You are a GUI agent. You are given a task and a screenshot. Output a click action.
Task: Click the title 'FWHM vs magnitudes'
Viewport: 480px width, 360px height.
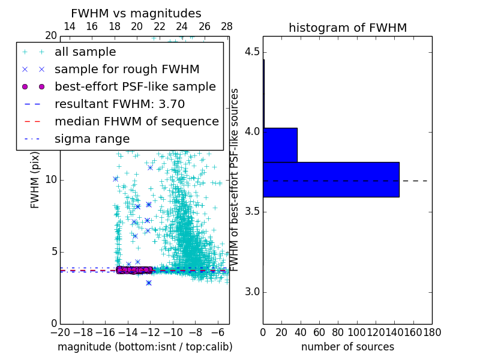pyautogui.click(x=136, y=14)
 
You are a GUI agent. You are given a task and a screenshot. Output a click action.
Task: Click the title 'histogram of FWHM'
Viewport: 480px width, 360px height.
pyautogui.click(x=347, y=28)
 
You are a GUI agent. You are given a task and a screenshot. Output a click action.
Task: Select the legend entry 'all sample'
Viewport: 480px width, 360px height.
pyautogui.click(x=85, y=52)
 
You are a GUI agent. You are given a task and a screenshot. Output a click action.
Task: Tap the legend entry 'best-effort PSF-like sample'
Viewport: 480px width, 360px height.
pyautogui.click(x=135, y=86)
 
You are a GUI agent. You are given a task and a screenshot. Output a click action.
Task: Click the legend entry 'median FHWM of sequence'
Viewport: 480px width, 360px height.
pyautogui.click(x=136, y=121)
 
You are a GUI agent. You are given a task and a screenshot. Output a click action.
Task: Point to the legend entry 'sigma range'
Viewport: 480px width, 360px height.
pyautogui.click(x=92, y=139)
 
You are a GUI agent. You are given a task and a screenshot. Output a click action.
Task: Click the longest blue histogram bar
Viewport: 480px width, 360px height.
pyautogui.click(x=331, y=179)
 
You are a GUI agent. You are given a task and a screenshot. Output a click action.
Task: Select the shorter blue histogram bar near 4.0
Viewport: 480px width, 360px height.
pyautogui.click(x=280, y=145)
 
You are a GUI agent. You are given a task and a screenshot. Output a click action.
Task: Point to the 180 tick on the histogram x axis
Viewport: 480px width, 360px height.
pyautogui.click(x=432, y=332)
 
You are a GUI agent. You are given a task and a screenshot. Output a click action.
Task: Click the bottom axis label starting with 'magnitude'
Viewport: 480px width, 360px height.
pyautogui.click(x=145, y=347)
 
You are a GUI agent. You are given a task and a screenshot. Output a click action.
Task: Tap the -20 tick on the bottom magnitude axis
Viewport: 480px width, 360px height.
pyautogui.click(x=60, y=332)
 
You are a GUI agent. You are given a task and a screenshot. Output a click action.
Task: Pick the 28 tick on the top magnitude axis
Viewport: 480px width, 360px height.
pyautogui.click(x=227, y=26)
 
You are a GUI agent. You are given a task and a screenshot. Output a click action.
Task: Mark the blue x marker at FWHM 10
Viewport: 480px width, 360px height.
pyautogui.click(x=115, y=179)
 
